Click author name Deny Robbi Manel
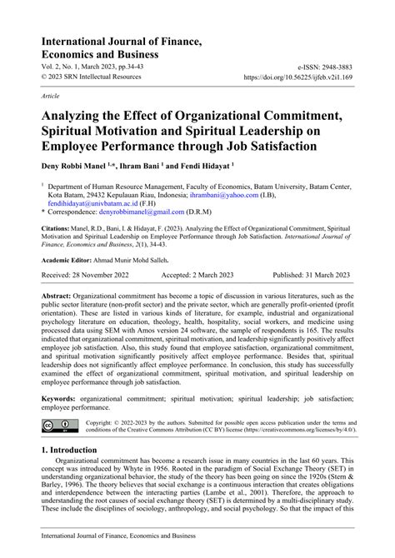(71, 165)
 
